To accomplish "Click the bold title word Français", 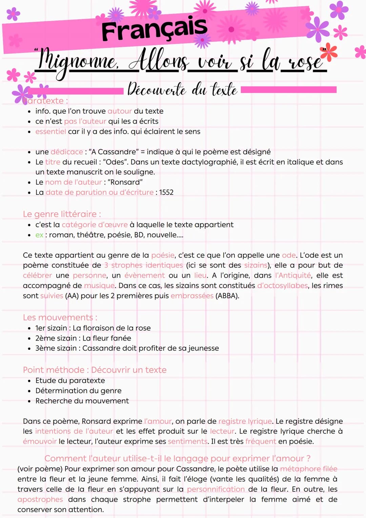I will pos(154,29).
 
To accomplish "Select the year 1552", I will pos(166,192).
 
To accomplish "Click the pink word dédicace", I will pos(67,152).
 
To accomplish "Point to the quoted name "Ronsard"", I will pos(125,182).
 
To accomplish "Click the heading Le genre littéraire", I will pos(62,214).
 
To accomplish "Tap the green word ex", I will pos(39,235).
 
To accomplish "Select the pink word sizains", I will pos(256,265).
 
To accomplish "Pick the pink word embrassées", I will pos(192,296).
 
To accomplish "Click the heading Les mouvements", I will pos(60,318).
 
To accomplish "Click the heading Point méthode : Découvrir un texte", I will pos(95,370).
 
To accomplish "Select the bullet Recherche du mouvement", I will pos(82,401).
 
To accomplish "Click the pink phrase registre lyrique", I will pos(245,421).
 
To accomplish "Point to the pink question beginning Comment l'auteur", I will pos(177,459).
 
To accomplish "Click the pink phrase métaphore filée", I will pos(309,469).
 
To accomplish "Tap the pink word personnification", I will pos(216,489).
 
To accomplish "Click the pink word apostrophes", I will pos(40,499).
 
